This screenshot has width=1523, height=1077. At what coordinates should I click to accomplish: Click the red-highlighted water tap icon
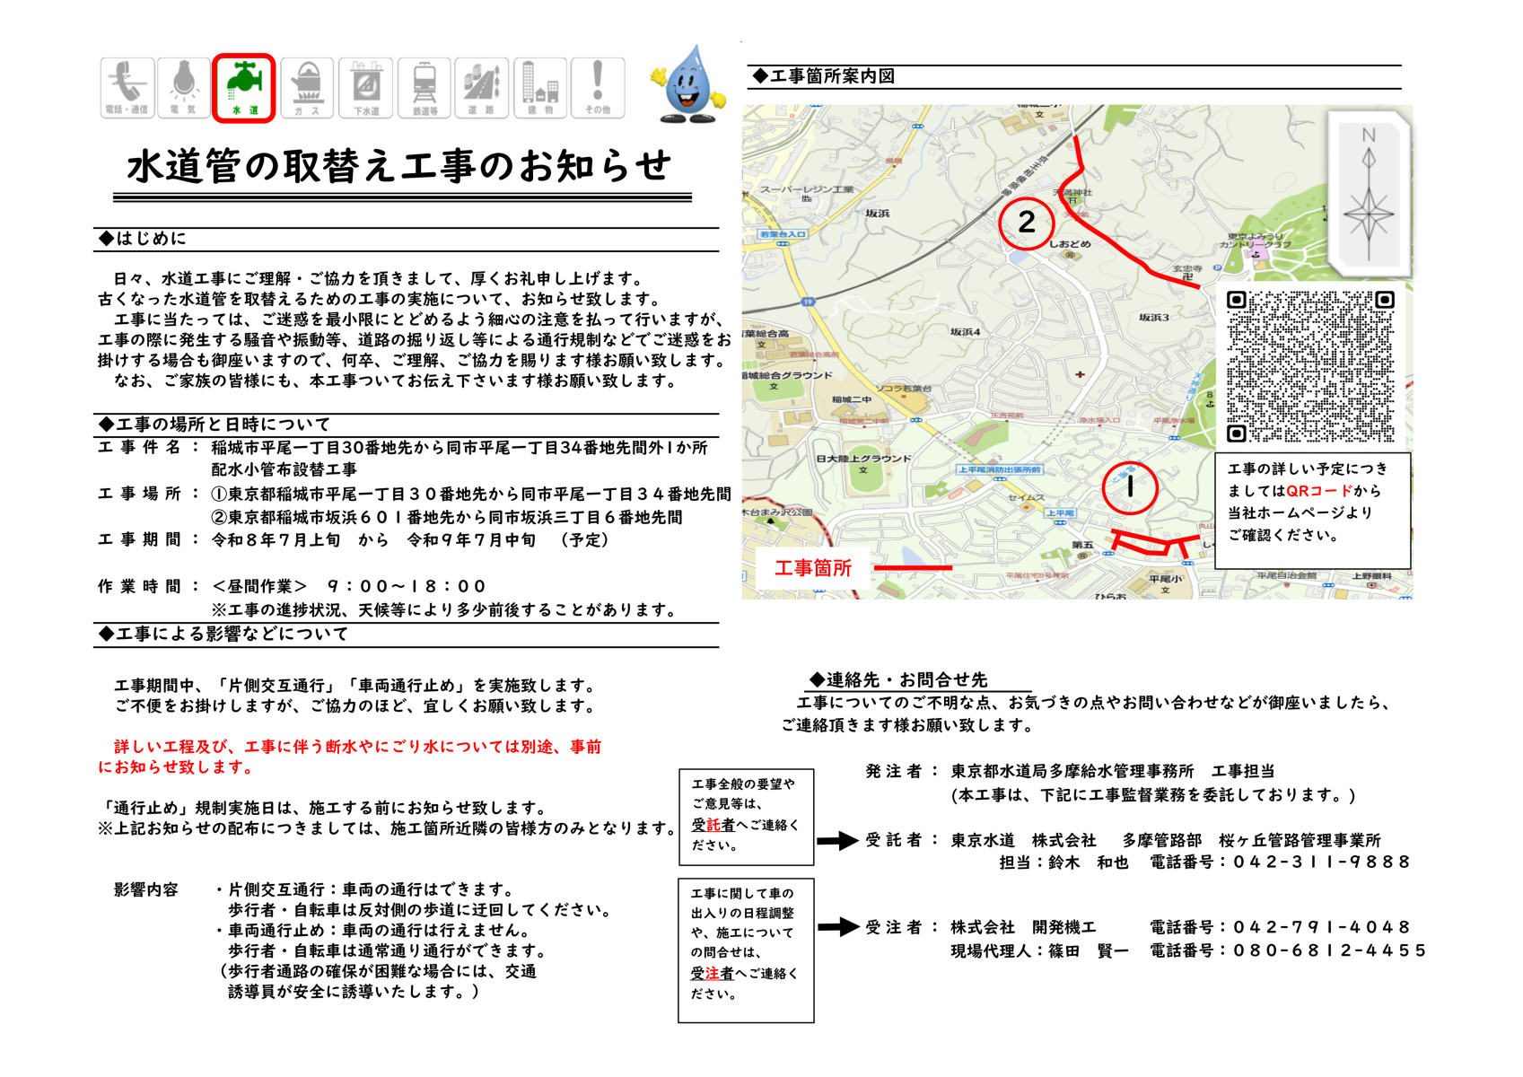pyautogui.click(x=243, y=87)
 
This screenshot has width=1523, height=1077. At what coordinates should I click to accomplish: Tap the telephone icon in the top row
pyautogui.click(x=127, y=87)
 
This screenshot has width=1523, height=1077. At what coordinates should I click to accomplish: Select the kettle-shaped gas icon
pyautogui.click(x=307, y=87)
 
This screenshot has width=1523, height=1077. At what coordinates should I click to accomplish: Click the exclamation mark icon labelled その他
pyautogui.click(x=597, y=87)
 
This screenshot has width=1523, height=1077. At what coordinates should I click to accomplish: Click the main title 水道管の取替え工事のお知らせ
pyautogui.click(x=399, y=166)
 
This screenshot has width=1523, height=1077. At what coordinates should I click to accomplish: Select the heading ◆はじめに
pyautogui.click(x=144, y=239)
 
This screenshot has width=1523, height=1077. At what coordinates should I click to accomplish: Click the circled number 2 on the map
pyautogui.click(x=1026, y=222)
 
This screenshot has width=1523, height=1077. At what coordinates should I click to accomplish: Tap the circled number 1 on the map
pyautogui.click(x=1129, y=487)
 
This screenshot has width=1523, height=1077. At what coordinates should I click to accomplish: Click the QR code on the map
pyautogui.click(x=1310, y=366)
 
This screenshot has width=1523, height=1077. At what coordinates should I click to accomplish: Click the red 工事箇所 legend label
pyautogui.click(x=813, y=568)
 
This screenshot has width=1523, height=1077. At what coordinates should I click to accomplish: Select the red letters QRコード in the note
pyautogui.click(x=1319, y=491)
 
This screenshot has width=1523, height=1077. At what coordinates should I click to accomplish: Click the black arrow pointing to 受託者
pyautogui.click(x=837, y=841)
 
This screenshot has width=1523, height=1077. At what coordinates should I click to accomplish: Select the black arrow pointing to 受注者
pyautogui.click(x=837, y=927)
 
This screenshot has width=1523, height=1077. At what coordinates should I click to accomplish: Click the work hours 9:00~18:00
pyautogui.click(x=406, y=587)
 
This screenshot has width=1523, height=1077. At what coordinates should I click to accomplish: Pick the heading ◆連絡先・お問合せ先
pyautogui.click(x=897, y=680)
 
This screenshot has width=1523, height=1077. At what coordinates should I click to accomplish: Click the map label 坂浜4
pyautogui.click(x=966, y=332)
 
